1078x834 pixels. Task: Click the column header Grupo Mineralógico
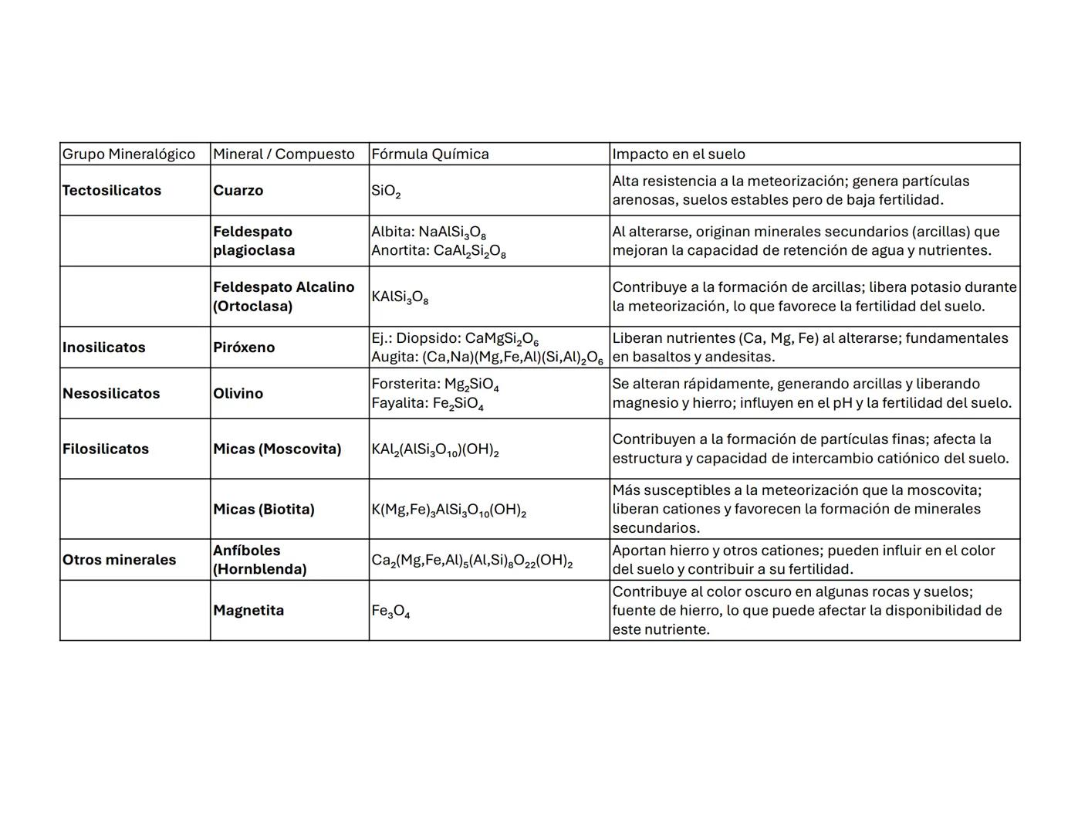[x=129, y=154]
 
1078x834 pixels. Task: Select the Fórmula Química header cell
[x=430, y=154]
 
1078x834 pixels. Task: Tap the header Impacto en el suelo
[x=678, y=154]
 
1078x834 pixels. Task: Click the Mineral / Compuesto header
[x=283, y=154]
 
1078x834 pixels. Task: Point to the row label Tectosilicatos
[x=112, y=191]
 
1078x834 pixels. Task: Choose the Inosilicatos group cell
[x=103, y=347]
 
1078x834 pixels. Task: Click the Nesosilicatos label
[x=111, y=394]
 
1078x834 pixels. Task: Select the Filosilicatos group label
[x=106, y=449]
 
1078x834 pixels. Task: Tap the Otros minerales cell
[x=119, y=560]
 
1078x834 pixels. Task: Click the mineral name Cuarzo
[x=238, y=191]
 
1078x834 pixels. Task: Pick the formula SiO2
[x=386, y=192]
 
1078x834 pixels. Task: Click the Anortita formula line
[x=438, y=251]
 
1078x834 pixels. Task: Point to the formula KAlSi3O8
[x=400, y=297]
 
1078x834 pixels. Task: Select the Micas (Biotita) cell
[x=263, y=510]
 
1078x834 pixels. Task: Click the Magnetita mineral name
[x=248, y=611]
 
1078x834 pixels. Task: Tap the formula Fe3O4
[x=390, y=612]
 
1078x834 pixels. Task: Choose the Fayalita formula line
[x=427, y=403]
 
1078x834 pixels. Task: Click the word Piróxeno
[x=244, y=347]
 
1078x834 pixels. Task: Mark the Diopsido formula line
[x=455, y=339]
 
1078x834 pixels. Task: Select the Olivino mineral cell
[x=238, y=394]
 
